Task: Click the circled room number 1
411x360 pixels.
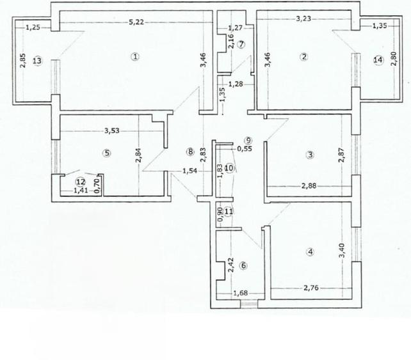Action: coord(135,56)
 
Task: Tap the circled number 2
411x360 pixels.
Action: coord(303,56)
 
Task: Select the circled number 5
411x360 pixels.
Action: coord(106,153)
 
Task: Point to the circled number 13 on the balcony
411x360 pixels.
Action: coord(37,61)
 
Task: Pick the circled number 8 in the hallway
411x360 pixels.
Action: coord(189,152)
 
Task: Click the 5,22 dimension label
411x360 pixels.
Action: coord(135,22)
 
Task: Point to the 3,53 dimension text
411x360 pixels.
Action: coord(113,132)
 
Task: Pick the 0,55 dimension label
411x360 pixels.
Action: coord(244,149)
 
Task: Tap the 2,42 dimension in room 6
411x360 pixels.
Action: coord(230,265)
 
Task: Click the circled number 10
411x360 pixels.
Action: coord(229,168)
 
